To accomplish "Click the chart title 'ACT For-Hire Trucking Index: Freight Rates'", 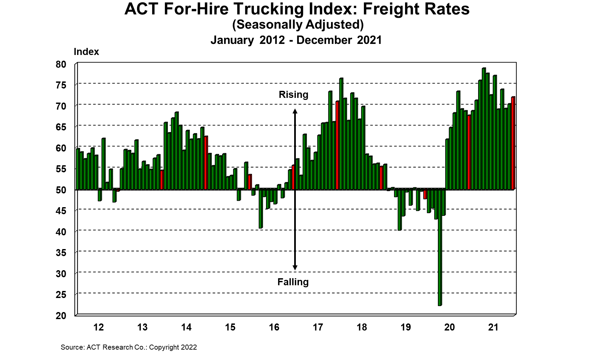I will pyautogui.click(x=297, y=9).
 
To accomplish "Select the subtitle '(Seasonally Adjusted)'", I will pyautogui.click(x=298, y=24).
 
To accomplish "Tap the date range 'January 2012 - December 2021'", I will pyautogui.click(x=296, y=40).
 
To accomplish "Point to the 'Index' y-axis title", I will pyautogui.click(x=86, y=52).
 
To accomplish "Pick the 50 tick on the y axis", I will pyautogui.click(x=61, y=190).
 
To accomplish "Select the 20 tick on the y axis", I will pyautogui.click(x=61, y=315).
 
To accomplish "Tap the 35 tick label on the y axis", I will pyautogui.click(x=61, y=252).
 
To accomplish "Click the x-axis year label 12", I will pyautogui.click(x=99, y=327).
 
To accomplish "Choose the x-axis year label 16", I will pyautogui.click(x=274, y=327).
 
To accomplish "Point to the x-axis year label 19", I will pyautogui.click(x=406, y=327).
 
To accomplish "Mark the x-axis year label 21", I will pyautogui.click(x=494, y=327).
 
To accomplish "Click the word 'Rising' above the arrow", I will pyautogui.click(x=293, y=95).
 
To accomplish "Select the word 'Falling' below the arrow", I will pyautogui.click(x=293, y=282).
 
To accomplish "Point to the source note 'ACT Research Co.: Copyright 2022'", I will pyautogui.click(x=129, y=347).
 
